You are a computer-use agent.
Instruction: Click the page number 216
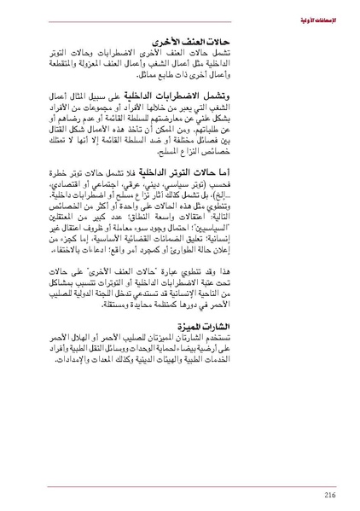(329, 493)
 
